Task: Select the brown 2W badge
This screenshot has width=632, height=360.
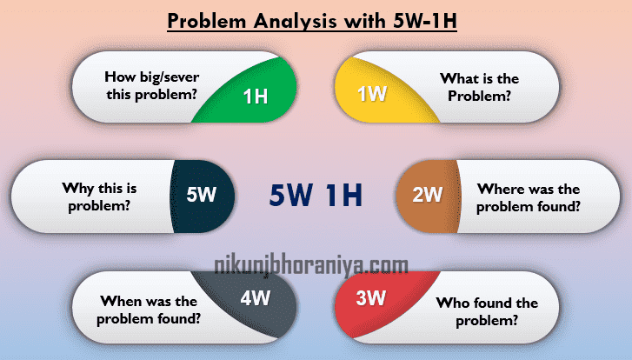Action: [428, 195]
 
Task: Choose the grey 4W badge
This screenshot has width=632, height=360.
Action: [256, 297]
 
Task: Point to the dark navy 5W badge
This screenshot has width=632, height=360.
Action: [201, 195]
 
